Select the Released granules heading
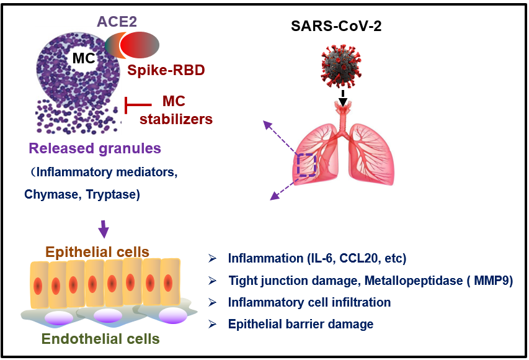click(x=94, y=149)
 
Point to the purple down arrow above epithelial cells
click(x=104, y=230)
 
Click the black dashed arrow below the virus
click(x=342, y=96)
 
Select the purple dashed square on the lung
click(x=306, y=165)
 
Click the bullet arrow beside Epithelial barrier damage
click(x=212, y=324)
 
